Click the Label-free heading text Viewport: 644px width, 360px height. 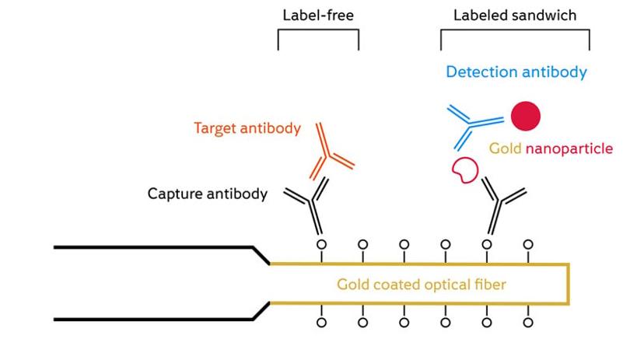pyautogui.click(x=318, y=15)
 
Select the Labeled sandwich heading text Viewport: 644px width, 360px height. pyautogui.click(x=515, y=15)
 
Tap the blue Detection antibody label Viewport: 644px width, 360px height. pyautogui.click(x=516, y=72)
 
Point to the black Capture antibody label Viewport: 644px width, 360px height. pyautogui.click(x=207, y=193)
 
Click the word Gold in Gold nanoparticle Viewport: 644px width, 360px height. pyautogui.click(x=504, y=148)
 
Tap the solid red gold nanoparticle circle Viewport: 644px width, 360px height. pyautogui.click(x=526, y=117)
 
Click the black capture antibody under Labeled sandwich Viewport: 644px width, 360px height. pyautogui.click(x=499, y=204)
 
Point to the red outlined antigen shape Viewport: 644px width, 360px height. pyautogui.click(x=464, y=170)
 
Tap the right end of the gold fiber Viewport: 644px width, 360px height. pyautogui.click(x=569, y=284)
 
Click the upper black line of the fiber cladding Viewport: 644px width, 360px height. pyautogui.click(x=156, y=247)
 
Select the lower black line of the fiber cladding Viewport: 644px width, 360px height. pyautogui.click(x=156, y=319)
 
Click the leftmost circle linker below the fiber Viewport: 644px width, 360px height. pyautogui.click(x=321, y=322)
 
